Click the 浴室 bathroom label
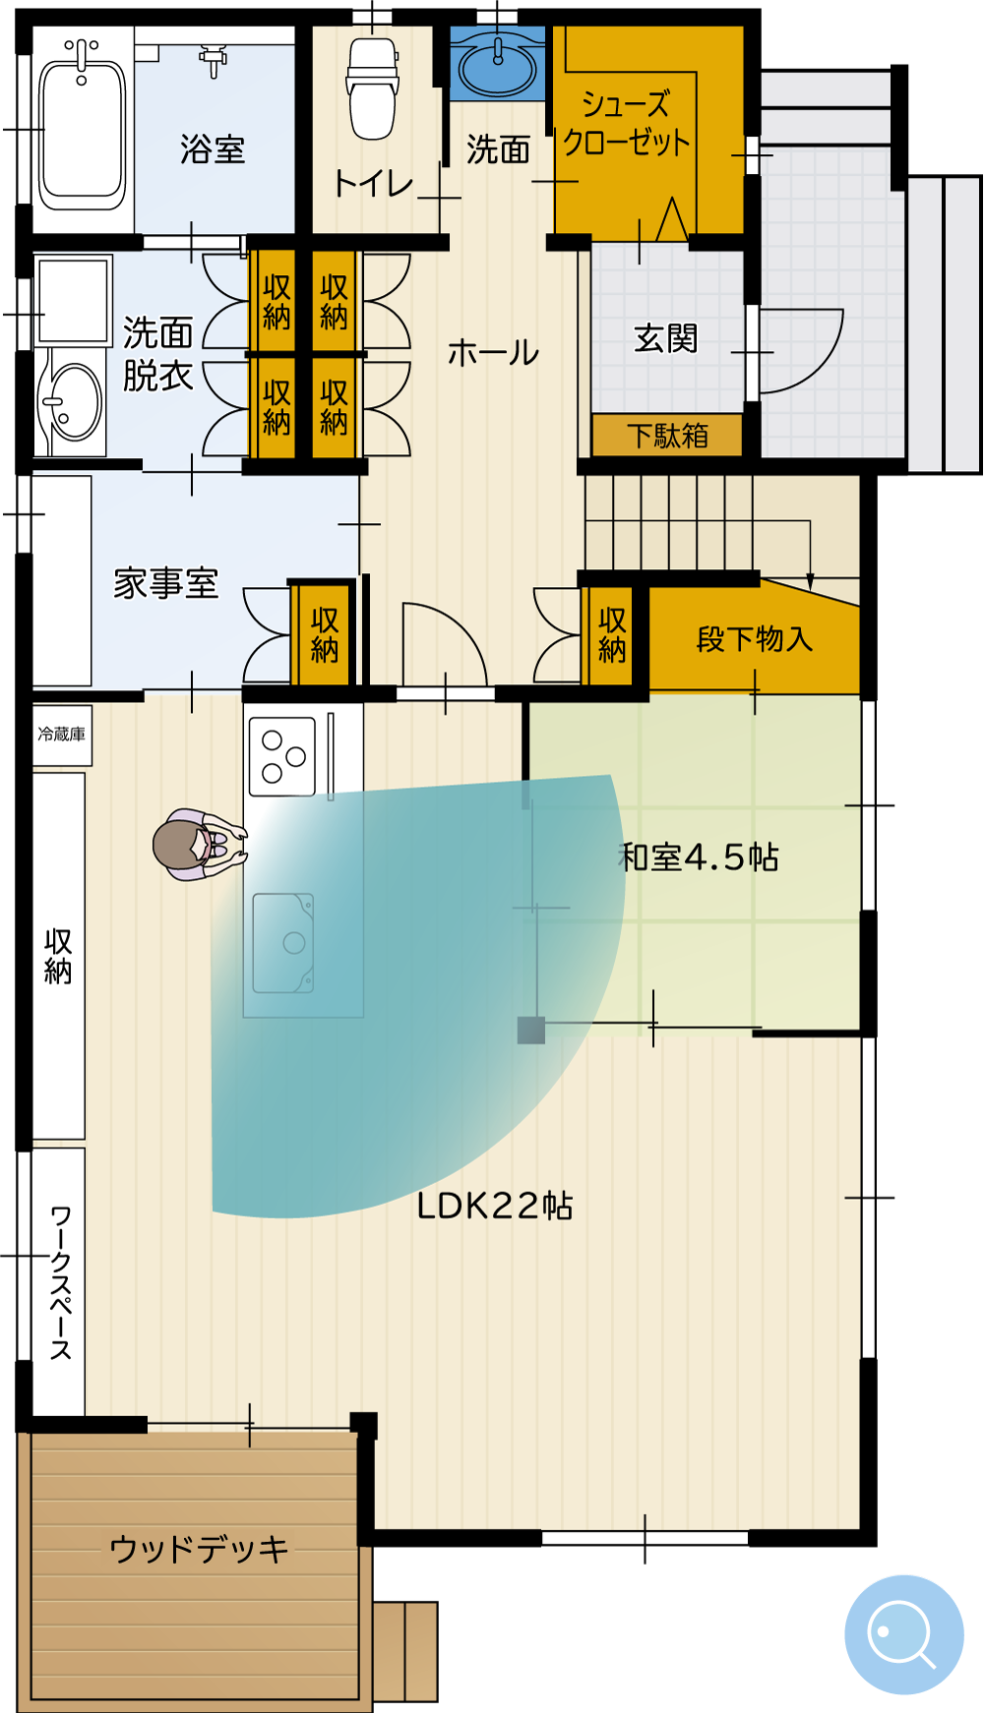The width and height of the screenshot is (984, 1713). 213,149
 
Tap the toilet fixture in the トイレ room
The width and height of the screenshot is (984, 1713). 372,88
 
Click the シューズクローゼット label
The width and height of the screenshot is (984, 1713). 627,123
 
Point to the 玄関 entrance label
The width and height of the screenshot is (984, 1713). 666,338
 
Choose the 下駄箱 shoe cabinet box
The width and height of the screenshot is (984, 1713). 667,435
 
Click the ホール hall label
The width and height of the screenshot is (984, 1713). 493,352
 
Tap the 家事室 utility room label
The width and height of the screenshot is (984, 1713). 165,583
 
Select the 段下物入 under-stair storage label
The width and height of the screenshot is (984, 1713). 755,639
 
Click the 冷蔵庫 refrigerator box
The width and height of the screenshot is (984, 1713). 62,735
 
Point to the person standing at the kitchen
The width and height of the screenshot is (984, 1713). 197,844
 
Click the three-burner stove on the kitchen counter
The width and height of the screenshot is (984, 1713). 282,755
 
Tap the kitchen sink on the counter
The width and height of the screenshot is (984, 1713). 283,943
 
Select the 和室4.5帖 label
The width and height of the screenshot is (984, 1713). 699,857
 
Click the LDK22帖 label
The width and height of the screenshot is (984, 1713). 495,1206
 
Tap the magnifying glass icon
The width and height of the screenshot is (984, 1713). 904,1634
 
